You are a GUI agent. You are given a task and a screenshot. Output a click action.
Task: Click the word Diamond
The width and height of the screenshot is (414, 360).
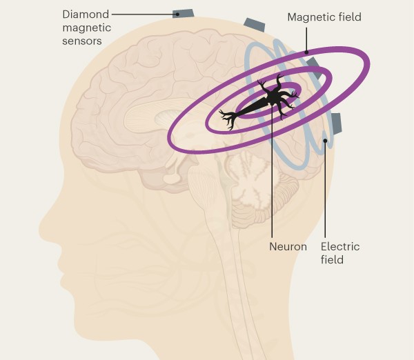click(86, 14)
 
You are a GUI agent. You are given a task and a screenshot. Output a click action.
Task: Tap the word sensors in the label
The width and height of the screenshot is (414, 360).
click(82, 41)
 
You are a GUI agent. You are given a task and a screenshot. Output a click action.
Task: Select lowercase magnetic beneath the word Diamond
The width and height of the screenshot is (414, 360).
click(87, 28)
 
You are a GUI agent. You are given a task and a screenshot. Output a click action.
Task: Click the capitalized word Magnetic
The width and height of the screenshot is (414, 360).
click(306, 17)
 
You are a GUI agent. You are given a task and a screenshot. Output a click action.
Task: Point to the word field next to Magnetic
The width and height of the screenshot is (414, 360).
click(345, 17)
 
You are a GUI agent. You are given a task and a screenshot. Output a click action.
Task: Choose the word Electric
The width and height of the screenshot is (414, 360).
click(340, 246)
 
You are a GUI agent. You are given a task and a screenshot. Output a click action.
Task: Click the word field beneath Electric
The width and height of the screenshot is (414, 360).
click(332, 259)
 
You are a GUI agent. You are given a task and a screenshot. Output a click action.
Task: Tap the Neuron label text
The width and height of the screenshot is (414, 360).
click(288, 247)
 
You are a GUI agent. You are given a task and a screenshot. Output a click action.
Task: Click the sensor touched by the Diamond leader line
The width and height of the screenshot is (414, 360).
click(184, 13)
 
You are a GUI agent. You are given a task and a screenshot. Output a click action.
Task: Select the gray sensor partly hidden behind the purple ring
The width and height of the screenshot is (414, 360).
click(315, 68)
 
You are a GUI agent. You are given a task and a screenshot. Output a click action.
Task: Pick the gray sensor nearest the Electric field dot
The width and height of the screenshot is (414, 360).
click(337, 123)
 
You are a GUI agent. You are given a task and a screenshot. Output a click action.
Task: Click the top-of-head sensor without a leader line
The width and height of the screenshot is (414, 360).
click(254, 25)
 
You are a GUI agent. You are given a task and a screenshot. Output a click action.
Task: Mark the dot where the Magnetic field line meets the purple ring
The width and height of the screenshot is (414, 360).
click(306, 52)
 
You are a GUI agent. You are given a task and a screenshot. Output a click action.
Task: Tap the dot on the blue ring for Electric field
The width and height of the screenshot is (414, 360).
click(325, 141)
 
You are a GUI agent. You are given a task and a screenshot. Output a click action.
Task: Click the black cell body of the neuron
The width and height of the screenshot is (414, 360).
click(273, 97)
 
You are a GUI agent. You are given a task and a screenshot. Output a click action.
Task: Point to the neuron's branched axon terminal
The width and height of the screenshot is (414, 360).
click(228, 119)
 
